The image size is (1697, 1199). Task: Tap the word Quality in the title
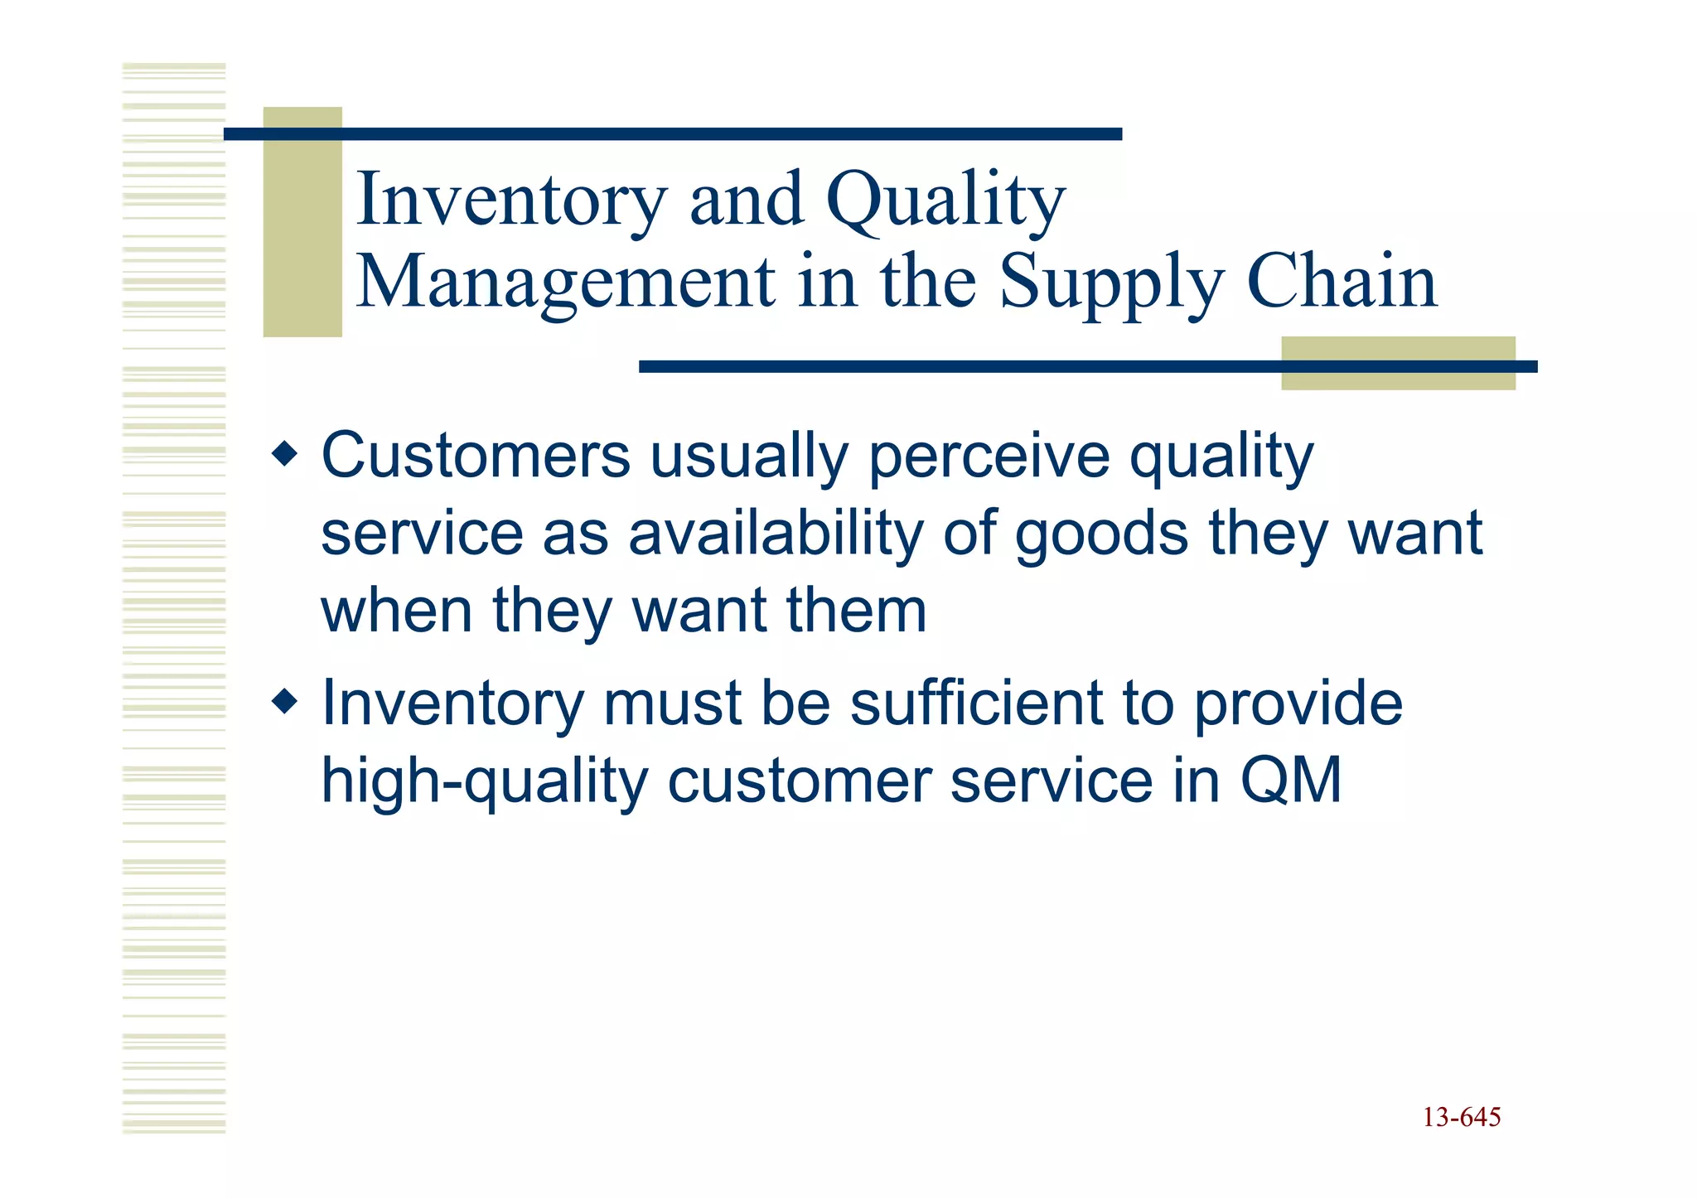point(945,200)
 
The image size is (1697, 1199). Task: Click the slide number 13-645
point(1461,1118)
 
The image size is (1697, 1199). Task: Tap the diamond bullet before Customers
point(284,454)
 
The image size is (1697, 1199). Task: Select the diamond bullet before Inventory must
point(284,703)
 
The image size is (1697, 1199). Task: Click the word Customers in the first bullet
point(476,456)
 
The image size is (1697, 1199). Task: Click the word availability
point(776,534)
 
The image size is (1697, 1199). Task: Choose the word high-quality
point(484,782)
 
